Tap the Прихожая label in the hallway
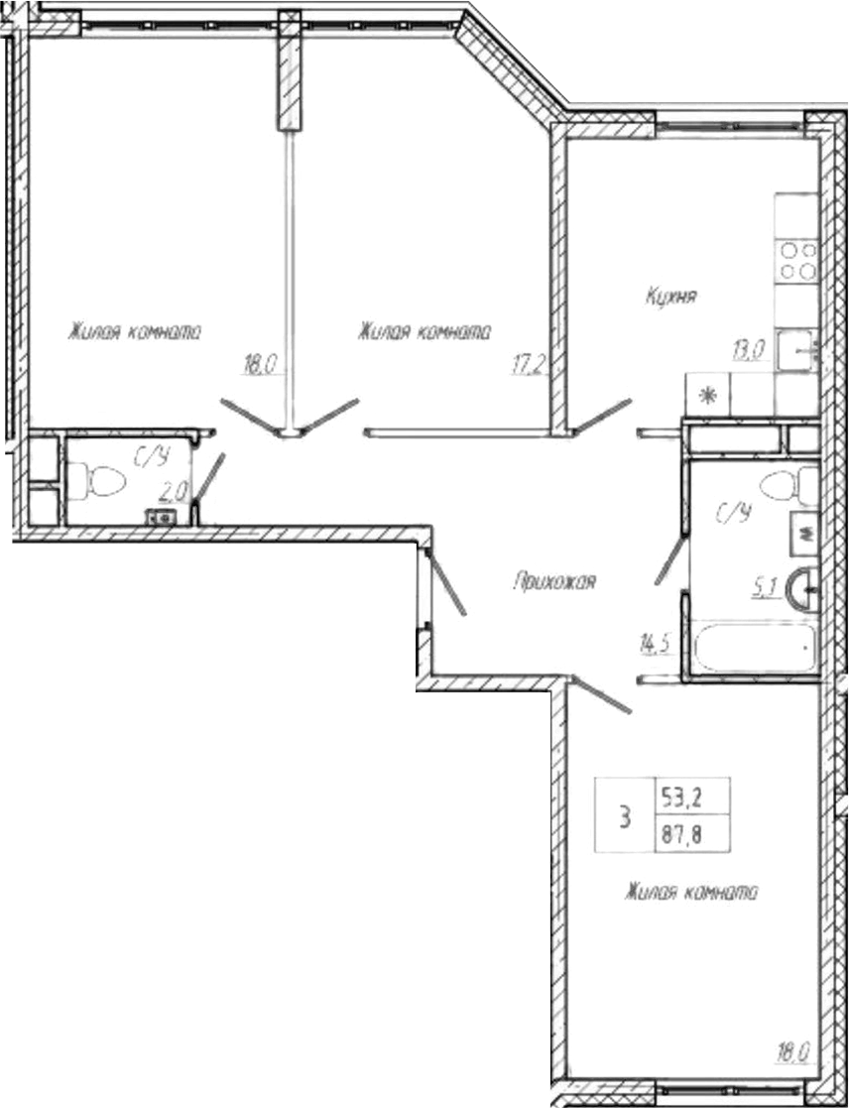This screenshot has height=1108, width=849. click(x=554, y=582)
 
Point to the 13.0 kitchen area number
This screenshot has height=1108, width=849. click(x=748, y=348)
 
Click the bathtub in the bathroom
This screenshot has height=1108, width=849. click(x=754, y=649)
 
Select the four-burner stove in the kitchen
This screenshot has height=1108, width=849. click(x=797, y=261)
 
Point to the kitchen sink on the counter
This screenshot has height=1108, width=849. click(x=799, y=350)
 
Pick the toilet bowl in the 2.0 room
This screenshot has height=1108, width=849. click(x=102, y=482)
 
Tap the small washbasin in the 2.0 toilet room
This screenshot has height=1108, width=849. click(x=160, y=517)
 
